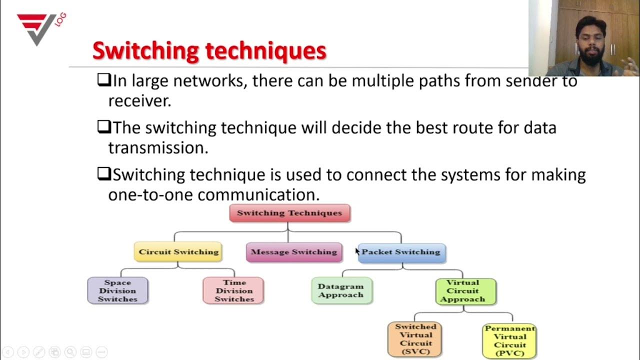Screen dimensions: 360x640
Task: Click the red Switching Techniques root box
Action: click(289, 213)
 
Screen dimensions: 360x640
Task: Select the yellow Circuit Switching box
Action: click(178, 252)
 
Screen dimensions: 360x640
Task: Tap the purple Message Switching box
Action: click(294, 252)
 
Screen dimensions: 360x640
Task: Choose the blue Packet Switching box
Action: click(401, 252)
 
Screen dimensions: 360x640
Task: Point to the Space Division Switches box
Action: click(117, 291)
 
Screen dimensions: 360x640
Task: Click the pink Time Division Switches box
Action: click(234, 291)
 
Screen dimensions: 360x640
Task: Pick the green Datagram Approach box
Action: click(340, 291)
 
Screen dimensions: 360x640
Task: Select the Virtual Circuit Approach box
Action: click(465, 291)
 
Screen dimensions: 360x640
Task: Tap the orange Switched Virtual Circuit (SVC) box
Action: click(415, 339)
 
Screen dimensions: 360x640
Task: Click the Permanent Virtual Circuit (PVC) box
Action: click(509, 340)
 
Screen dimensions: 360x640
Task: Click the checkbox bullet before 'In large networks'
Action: click(103, 80)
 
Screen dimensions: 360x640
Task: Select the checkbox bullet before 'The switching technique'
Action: click(103, 127)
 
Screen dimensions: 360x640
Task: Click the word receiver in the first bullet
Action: click(138, 100)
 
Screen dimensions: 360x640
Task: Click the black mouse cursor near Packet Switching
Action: click(357, 251)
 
